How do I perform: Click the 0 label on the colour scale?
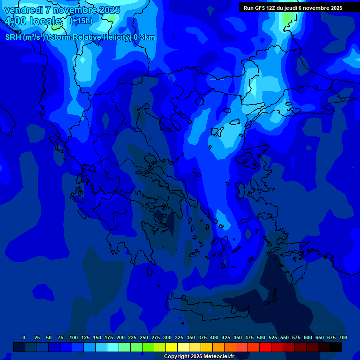click(24, 337)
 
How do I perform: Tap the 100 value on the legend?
click(74, 337)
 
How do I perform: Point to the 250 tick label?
click(144, 337)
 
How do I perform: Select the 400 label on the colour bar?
click(214, 337)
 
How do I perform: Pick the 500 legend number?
click(261, 337)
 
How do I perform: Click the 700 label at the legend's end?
click(343, 337)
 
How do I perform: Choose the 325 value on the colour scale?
click(179, 337)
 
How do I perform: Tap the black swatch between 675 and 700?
click(336, 347)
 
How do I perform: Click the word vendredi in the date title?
click(24, 10)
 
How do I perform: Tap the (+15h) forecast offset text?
click(81, 21)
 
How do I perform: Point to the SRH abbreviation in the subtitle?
click(13, 37)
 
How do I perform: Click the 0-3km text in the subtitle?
click(144, 37)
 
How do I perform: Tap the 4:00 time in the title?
click(16, 21)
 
